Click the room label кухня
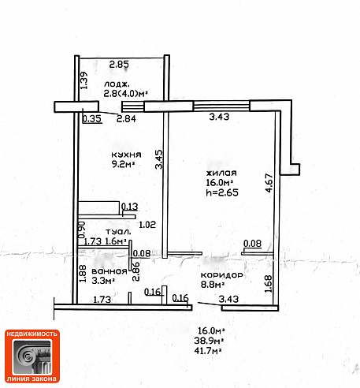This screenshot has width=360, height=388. (126, 155)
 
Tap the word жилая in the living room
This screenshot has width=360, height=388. (221, 173)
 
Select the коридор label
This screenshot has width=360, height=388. (222, 275)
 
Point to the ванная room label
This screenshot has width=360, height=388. (109, 271)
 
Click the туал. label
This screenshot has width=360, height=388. (118, 232)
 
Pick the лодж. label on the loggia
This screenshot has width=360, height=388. (117, 84)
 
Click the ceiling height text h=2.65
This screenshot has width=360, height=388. (222, 192)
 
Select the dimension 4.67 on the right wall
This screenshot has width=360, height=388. (269, 183)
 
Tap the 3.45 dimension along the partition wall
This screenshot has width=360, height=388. (159, 159)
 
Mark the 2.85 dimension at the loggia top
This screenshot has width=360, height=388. (119, 65)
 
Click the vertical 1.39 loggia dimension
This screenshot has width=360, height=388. (84, 80)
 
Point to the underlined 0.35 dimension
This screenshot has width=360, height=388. (92, 119)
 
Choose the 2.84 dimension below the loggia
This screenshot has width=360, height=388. (126, 119)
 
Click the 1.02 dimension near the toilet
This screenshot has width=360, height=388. (147, 225)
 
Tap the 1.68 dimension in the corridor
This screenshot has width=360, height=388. (268, 284)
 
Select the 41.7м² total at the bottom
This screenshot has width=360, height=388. (207, 351)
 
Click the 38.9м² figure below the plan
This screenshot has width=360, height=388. (209, 341)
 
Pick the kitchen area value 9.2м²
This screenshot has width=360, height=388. (123, 164)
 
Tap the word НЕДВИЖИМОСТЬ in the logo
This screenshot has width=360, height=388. (32, 334)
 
